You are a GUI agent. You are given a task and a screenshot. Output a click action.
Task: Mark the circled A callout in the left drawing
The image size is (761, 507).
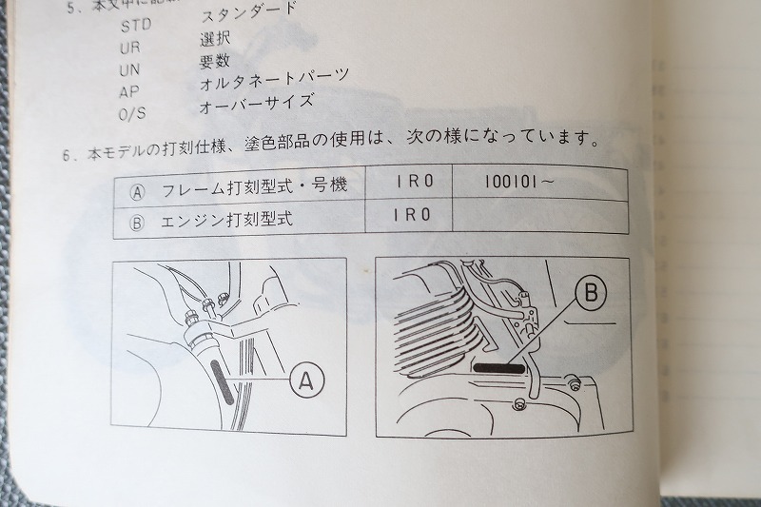[x=305, y=381]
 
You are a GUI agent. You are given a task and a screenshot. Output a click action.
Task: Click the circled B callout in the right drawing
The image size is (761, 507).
[x=591, y=294]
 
